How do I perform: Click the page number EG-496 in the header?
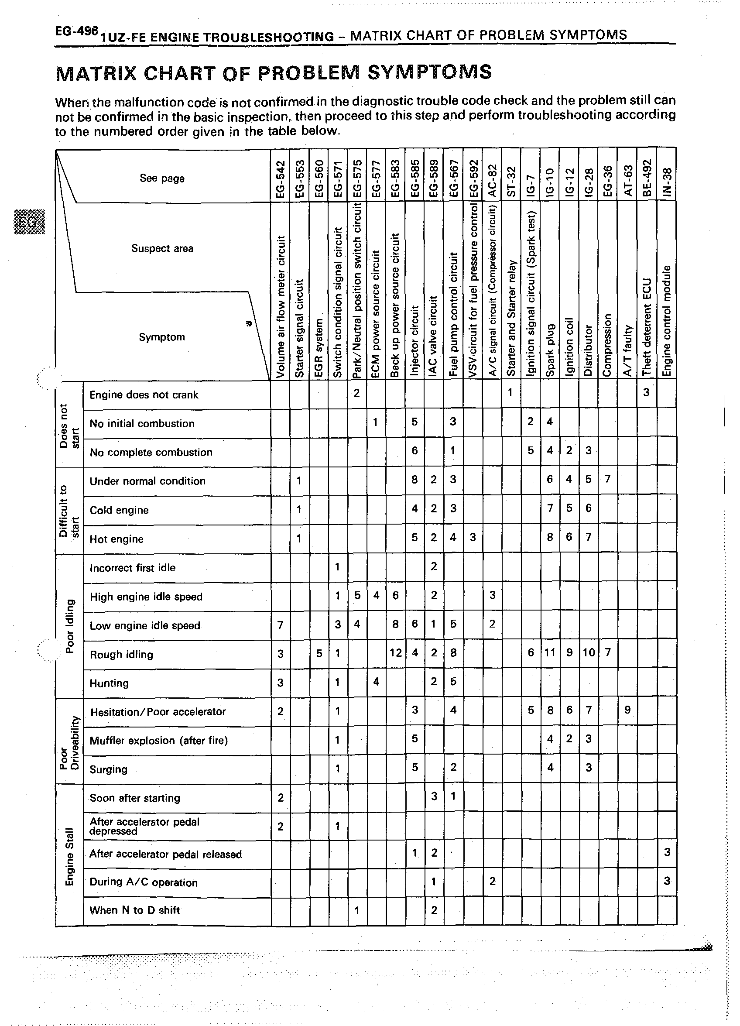click(x=76, y=31)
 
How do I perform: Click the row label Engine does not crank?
click(x=144, y=395)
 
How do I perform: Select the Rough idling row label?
click(x=121, y=655)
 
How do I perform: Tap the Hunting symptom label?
click(x=109, y=683)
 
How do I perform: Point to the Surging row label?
click(x=109, y=769)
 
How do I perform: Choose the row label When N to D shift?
click(x=135, y=910)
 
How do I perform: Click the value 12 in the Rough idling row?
click(x=395, y=653)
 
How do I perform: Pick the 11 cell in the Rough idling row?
click(x=550, y=653)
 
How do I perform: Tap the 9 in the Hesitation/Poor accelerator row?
click(x=627, y=710)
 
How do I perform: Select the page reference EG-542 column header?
click(x=281, y=179)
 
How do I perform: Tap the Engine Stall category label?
click(x=69, y=856)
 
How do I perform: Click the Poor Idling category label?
click(x=69, y=626)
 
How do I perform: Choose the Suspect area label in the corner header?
click(x=162, y=248)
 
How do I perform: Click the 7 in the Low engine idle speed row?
click(x=281, y=625)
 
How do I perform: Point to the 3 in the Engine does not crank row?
click(x=646, y=392)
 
